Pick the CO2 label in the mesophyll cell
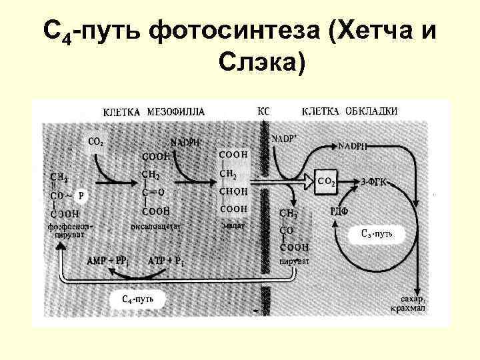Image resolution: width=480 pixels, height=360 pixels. click(96, 141)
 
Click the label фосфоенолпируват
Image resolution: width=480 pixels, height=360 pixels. click(69, 231)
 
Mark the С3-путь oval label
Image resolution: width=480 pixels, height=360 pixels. click(379, 233)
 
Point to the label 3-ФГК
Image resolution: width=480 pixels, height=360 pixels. click(375, 181)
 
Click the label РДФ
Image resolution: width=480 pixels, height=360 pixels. click(337, 211)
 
